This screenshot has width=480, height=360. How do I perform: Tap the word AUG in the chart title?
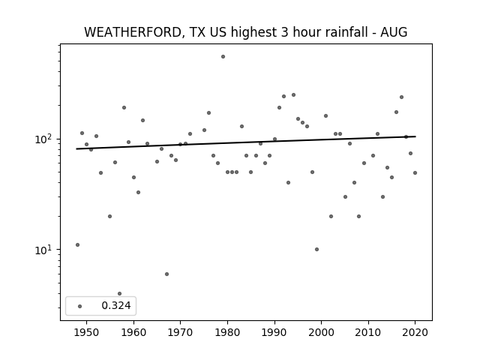tap(394, 32)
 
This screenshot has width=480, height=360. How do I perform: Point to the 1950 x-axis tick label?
tap(87, 332)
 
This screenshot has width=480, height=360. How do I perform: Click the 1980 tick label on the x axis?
tap(227, 332)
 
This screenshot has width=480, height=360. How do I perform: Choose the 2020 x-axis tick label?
tap(415, 332)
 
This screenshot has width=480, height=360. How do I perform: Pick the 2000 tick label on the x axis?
tap(321, 332)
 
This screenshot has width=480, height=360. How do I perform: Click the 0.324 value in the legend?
tap(116, 305)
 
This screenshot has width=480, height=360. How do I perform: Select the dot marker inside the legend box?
tap(80, 306)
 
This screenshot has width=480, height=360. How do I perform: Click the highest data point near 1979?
tap(223, 57)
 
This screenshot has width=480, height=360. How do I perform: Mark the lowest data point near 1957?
tap(120, 293)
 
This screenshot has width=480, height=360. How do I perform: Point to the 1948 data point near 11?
tap(77, 245)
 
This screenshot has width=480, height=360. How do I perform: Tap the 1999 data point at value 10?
tap(316, 250)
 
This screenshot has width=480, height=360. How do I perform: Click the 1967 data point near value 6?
tap(166, 274)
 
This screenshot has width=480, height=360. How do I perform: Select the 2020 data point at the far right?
tap(415, 173)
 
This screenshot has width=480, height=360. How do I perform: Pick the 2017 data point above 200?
tap(402, 97)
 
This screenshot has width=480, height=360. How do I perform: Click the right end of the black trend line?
tap(415, 136)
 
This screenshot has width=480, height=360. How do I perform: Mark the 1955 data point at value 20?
tap(110, 217)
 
